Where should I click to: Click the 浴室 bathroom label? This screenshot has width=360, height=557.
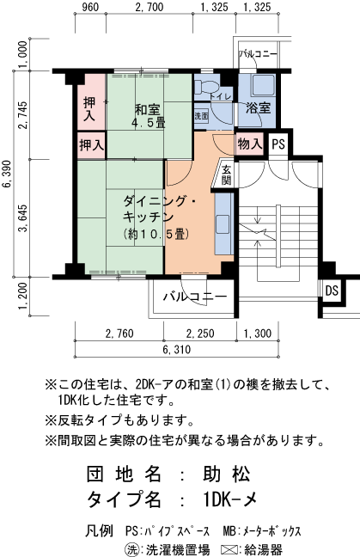[x=257, y=108]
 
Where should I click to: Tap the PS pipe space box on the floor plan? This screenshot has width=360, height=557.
[x=278, y=144]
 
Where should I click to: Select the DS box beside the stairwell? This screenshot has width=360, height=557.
[x=331, y=291]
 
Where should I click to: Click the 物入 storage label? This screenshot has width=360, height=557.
[x=249, y=144]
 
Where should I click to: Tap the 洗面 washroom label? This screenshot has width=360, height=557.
[x=201, y=115]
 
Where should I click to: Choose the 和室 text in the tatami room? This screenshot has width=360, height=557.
[x=147, y=109]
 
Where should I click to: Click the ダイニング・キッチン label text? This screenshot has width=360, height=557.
[x=160, y=209]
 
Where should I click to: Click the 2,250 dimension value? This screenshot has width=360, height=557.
[x=201, y=334]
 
